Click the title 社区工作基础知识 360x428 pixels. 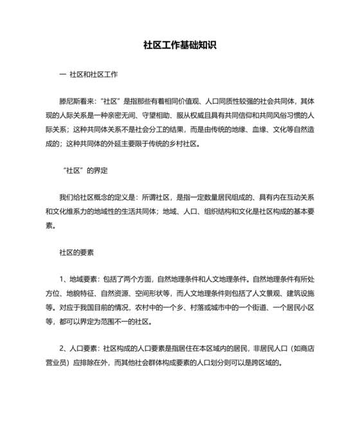click(x=179, y=46)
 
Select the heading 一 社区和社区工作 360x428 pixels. click(x=87, y=75)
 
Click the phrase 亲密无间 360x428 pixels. click(x=130, y=116)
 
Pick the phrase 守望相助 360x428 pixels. click(x=166, y=116)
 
